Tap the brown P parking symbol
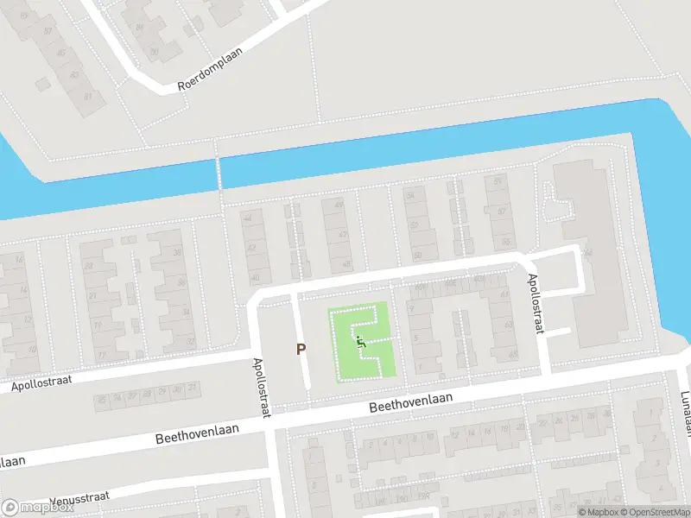click(301, 350)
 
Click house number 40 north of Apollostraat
click(255, 278)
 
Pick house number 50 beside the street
click(418, 256)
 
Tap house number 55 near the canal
click(497, 182)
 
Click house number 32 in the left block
click(189, 342)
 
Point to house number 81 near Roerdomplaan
click(87, 96)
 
